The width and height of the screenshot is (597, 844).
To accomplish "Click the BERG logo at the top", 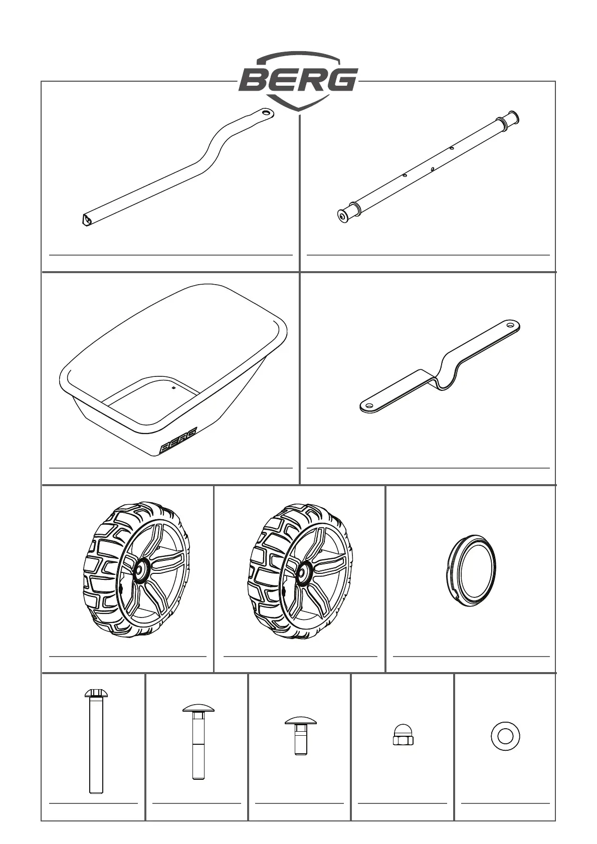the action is [x=298, y=80].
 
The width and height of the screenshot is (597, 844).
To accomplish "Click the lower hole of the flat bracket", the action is [x=369, y=405].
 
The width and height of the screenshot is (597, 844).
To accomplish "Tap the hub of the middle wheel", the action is [x=302, y=570].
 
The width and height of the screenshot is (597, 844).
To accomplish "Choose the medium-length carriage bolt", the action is [x=198, y=742].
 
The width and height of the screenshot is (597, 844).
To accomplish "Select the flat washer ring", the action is [x=505, y=736].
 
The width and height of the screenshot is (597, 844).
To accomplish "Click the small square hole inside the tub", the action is [x=172, y=387].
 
